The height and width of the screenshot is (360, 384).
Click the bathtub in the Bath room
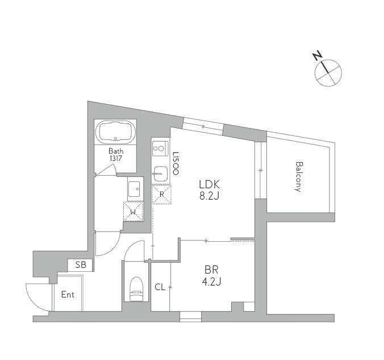click(x=115, y=132)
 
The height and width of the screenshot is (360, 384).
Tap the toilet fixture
click(x=136, y=289)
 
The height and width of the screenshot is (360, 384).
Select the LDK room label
click(x=210, y=184)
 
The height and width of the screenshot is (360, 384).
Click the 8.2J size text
click(x=210, y=196)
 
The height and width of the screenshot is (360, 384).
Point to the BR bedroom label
click(x=211, y=270)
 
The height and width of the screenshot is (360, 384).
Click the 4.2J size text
click(x=211, y=282)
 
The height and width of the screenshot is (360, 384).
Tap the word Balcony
click(x=298, y=176)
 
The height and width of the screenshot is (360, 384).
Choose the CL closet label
click(x=160, y=287)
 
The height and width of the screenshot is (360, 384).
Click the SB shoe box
click(x=80, y=265)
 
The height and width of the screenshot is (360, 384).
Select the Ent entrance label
click(x=68, y=295)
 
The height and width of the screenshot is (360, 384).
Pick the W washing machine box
click(x=133, y=212)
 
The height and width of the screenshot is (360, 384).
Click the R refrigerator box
click(x=162, y=195)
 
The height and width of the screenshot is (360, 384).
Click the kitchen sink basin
click(x=160, y=173)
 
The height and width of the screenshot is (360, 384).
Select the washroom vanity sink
click(x=133, y=189)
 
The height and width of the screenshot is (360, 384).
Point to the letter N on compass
click(x=318, y=56)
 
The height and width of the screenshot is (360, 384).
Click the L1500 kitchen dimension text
click(x=176, y=163)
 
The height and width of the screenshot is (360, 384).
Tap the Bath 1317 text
click(x=116, y=155)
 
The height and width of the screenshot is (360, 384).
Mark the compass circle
click(x=328, y=60)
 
